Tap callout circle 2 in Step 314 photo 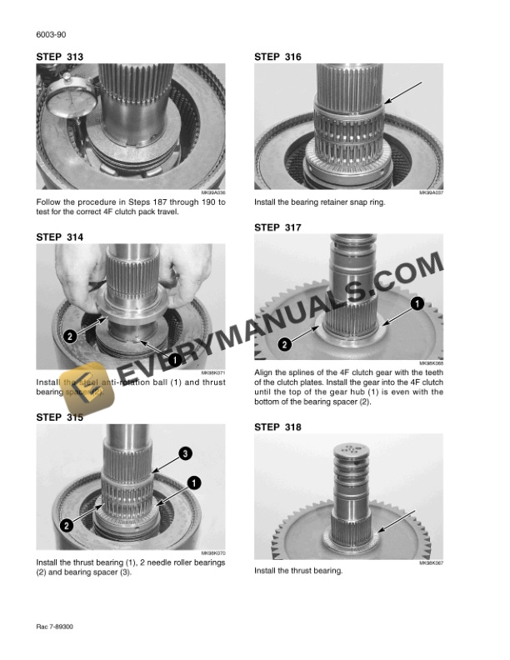pos(69,337)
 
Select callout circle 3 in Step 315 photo pos(186,453)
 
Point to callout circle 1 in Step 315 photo pos(192,482)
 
